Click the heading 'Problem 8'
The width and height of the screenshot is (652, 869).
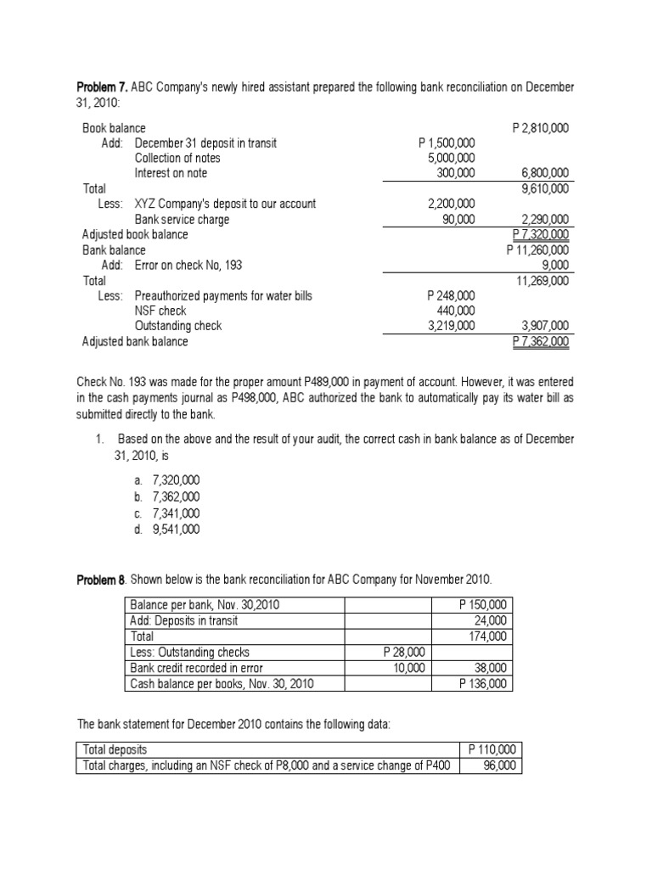(101, 579)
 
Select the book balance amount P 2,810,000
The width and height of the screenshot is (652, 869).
(541, 127)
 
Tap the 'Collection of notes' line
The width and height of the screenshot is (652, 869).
(177, 158)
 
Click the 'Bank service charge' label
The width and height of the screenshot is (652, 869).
(182, 219)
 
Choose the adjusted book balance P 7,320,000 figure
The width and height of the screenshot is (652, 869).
(541, 234)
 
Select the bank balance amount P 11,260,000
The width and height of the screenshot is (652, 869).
(537, 249)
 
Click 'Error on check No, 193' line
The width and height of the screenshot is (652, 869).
(188, 265)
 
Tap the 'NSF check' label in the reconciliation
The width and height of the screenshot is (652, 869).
(160, 311)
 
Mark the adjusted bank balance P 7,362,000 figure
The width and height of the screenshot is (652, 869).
(541, 341)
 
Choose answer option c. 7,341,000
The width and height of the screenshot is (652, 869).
(165, 513)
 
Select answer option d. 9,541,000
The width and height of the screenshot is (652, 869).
(165, 529)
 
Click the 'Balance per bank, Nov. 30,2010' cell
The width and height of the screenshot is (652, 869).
(204, 605)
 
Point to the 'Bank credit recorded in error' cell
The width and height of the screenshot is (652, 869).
(196, 668)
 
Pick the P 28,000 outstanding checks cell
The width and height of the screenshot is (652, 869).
(405, 652)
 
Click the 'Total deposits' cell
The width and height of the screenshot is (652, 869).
(114, 750)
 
